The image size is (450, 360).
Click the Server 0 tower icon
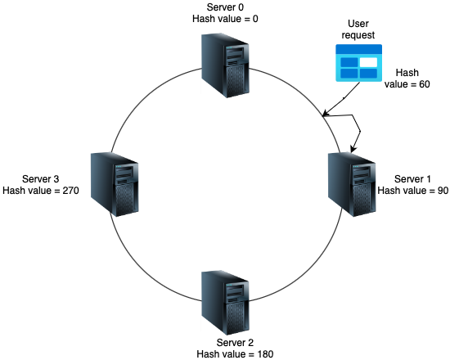point(225,65)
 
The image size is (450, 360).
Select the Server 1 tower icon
point(352,184)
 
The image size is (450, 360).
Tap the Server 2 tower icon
point(225,303)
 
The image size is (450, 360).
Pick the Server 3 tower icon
point(115,184)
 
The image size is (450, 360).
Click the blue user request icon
point(358,63)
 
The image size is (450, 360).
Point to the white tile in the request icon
point(368,62)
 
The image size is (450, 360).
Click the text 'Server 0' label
point(225,7)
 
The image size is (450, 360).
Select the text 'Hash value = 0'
point(225,19)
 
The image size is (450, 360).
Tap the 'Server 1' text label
point(412,179)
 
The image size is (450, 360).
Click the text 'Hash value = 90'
point(413,191)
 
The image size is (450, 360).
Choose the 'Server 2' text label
point(235,343)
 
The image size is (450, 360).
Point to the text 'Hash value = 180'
point(235,354)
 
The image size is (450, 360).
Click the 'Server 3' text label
point(40,179)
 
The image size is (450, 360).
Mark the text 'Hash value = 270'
point(41,191)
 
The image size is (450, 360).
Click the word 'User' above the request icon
point(358,24)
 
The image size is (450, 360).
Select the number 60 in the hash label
point(424,84)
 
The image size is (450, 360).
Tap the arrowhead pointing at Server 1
point(353,150)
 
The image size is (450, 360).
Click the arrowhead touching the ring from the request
point(326,114)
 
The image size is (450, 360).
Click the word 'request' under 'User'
point(358,35)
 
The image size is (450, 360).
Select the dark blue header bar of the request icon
point(358,49)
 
